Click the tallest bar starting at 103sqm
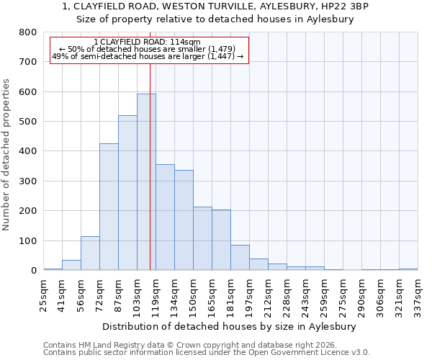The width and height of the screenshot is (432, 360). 146,182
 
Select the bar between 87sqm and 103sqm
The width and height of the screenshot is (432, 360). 127,193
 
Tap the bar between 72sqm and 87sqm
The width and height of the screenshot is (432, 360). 109,207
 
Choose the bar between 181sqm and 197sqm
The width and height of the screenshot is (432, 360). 240,258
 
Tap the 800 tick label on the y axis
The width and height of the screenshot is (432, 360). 28,32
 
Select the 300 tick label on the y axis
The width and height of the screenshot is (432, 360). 28,181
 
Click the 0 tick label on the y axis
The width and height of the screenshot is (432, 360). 33,271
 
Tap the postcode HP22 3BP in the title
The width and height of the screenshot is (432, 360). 349,6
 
